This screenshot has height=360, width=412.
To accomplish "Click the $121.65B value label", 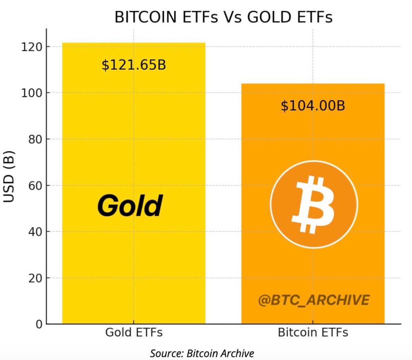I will pos(134,65).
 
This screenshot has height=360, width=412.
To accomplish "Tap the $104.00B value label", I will pos(313,106).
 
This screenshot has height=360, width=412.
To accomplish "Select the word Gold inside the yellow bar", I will pos(130,206).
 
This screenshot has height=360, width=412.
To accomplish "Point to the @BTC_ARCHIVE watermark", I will pos(313,300).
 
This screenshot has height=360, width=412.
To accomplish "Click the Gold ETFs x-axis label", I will pos(134,333).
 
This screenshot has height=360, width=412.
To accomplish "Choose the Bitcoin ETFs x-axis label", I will pos(313,333).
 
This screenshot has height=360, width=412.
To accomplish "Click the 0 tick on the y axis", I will pos(38,324).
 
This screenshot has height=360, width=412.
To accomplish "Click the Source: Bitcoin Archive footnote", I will pos(202,354).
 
